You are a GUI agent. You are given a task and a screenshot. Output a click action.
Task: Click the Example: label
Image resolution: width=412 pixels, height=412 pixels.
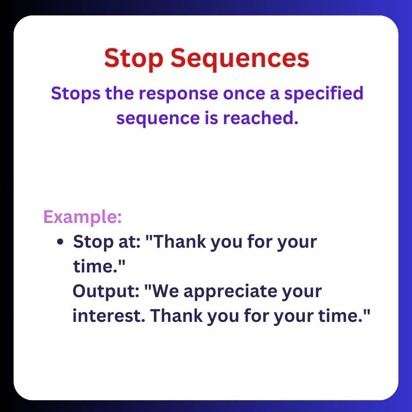click(x=82, y=216)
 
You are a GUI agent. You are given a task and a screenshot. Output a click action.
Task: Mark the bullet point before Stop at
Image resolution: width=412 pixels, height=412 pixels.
click(x=61, y=242)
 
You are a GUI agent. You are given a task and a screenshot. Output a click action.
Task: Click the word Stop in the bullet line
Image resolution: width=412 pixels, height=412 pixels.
click(x=91, y=242)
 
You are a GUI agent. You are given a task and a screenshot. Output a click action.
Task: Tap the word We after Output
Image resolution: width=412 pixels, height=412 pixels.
click(x=166, y=291)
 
